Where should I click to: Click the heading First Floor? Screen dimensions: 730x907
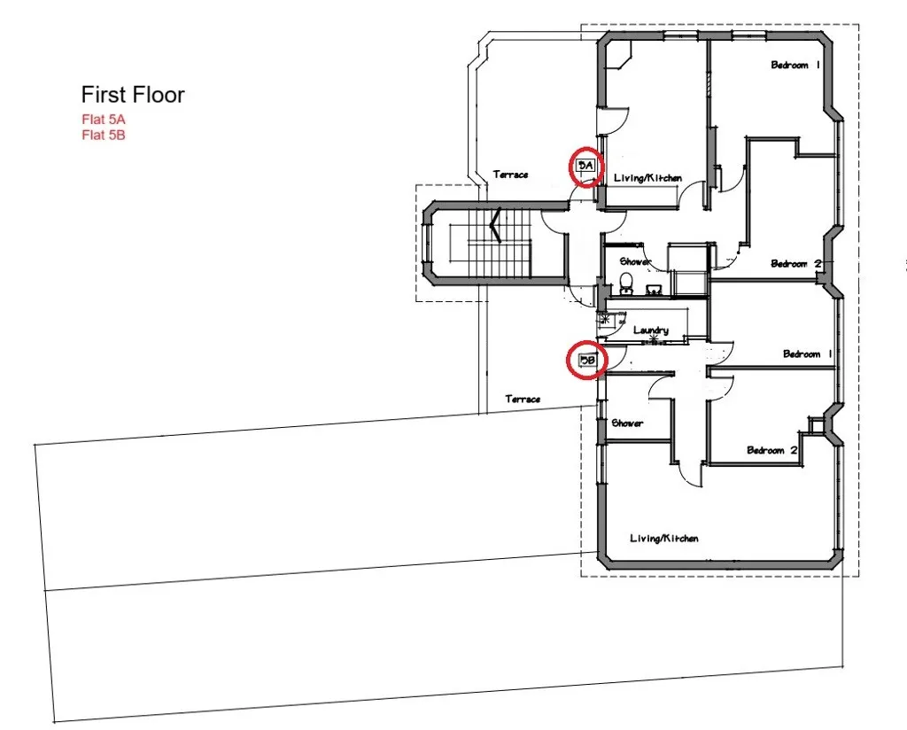click(x=133, y=95)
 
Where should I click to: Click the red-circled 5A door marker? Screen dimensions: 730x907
click(x=585, y=166)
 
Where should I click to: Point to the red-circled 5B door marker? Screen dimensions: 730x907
click(x=585, y=361)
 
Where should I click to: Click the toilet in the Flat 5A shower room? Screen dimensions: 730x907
click(x=626, y=283)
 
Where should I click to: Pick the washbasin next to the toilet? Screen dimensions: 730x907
click(x=655, y=289)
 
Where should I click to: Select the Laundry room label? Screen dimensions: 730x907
click(x=651, y=330)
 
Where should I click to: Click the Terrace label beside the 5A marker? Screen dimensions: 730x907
click(x=511, y=175)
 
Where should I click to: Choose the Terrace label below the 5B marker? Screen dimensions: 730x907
click(x=523, y=400)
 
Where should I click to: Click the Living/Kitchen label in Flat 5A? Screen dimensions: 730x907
click(x=648, y=178)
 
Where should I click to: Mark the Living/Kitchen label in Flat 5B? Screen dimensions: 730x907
click(x=664, y=539)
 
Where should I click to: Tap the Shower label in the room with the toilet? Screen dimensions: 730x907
click(x=636, y=261)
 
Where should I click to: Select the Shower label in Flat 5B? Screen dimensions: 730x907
click(x=627, y=423)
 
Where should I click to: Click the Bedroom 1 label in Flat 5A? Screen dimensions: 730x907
click(x=795, y=66)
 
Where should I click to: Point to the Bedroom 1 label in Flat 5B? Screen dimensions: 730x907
click(x=808, y=354)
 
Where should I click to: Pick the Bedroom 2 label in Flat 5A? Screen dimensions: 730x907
click(x=795, y=263)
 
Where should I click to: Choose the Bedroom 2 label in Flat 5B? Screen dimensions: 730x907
click(x=772, y=450)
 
